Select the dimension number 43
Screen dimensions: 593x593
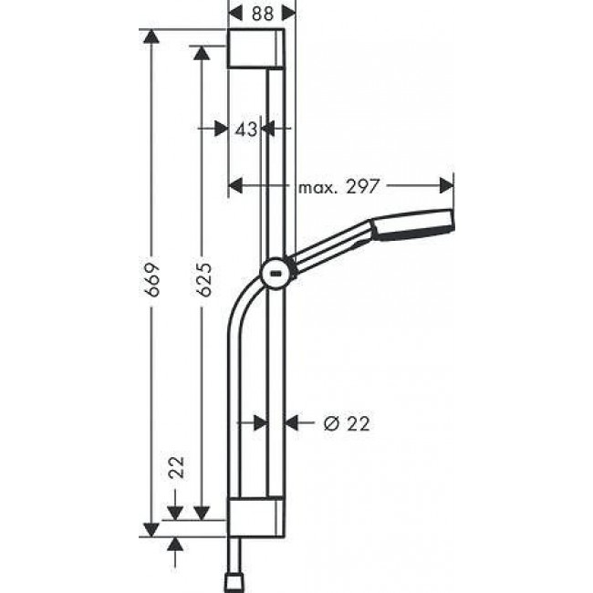pyautogui.click(x=244, y=130)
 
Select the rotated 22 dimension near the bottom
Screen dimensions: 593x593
pyautogui.click(x=177, y=468)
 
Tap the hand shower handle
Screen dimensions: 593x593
pyautogui.click(x=328, y=250)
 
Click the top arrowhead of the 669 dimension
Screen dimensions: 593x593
pyautogui.click(x=151, y=37)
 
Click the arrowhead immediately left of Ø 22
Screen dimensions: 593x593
pyautogui.click(x=294, y=422)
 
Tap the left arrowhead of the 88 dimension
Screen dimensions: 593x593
pyautogui.click(x=235, y=13)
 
